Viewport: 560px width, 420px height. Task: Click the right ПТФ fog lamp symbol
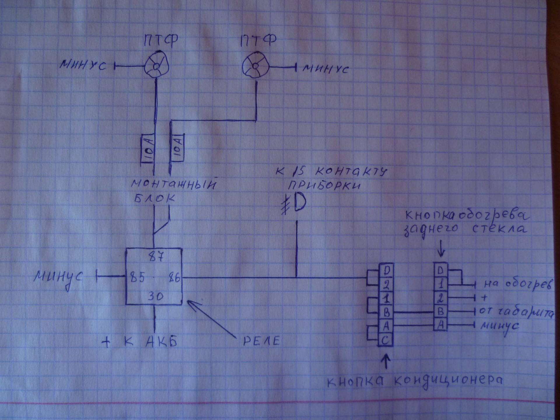click(255, 66)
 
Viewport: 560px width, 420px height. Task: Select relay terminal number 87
click(156, 257)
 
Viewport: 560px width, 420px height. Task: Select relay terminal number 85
click(137, 277)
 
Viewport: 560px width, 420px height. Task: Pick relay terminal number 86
click(174, 278)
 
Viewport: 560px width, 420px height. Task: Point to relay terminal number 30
click(155, 297)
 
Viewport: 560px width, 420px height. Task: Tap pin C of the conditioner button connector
click(386, 340)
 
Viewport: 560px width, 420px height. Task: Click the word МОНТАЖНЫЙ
click(174, 184)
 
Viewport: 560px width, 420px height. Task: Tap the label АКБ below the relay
click(161, 341)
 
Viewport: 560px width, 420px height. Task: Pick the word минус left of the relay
click(58, 277)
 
